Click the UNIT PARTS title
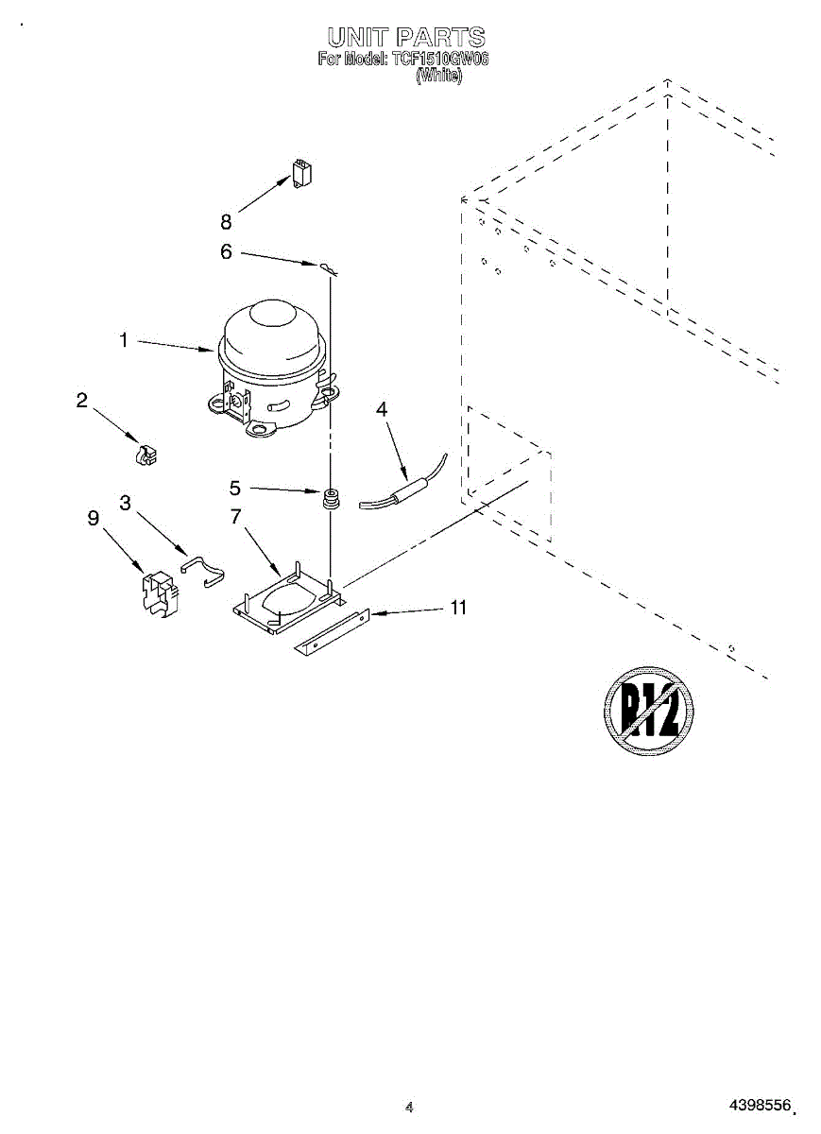[x=406, y=38]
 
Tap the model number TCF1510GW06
[x=439, y=60]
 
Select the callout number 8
[x=226, y=222]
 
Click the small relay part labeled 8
[x=303, y=174]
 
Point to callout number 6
[x=226, y=251]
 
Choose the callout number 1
[x=123, y=340]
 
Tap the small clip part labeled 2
[x=144, y=454]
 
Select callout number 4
[x=382, y=409]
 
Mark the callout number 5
[x=235, y=489]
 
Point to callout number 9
[x=93, y=518]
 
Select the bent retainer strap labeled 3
[x=203, y=569]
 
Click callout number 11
[x=457, y=608]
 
